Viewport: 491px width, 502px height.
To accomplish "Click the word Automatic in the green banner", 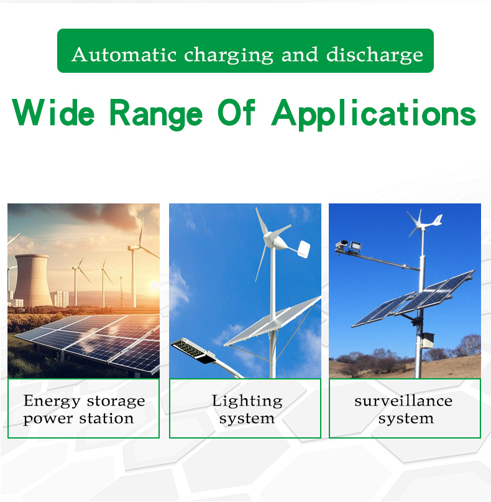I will (x=125, y=54).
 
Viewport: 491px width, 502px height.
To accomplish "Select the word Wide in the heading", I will (x=53, y=114).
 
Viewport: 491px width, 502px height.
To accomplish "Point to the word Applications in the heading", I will (x=374, y=114).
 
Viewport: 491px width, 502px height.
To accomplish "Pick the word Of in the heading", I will (x=237, y=114).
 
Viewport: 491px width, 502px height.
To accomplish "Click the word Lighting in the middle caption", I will (x=247, y=401).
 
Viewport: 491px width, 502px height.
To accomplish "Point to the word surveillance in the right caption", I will (x=403, y=401).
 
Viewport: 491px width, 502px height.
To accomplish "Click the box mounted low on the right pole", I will (x=427, y=340).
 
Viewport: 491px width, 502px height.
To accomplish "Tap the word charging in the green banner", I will (x=229, y=55).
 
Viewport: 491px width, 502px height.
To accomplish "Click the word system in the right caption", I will (x=405, y=419).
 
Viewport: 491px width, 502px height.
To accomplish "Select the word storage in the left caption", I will (x=117, y=401).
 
